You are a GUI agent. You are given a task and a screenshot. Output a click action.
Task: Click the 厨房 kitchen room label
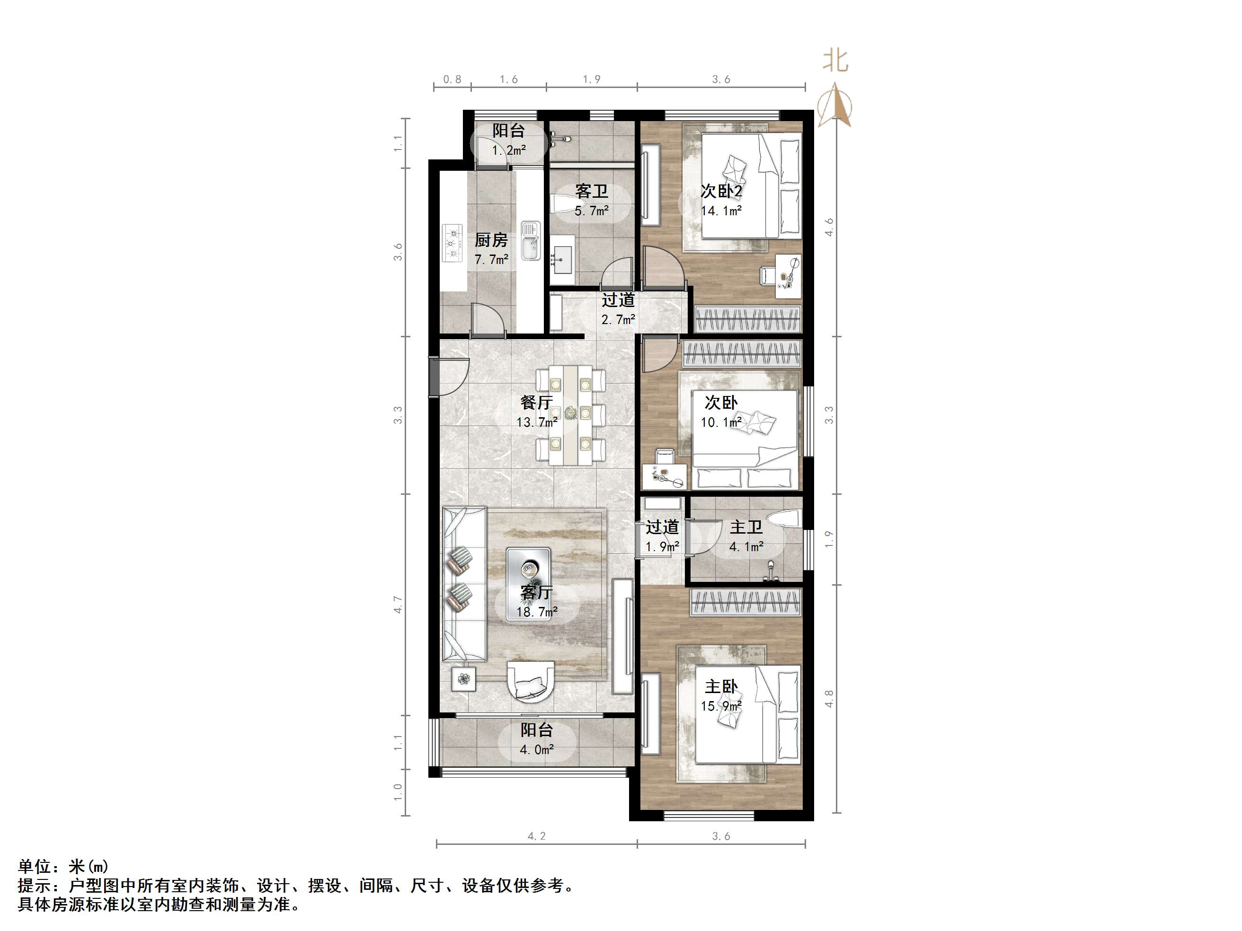[491, 240]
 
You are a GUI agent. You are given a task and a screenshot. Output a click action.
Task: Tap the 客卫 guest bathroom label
[591, 192]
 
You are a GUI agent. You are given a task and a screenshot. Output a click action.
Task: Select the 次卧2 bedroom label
[721, 192]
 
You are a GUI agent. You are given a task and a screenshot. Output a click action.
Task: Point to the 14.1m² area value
[721, 211]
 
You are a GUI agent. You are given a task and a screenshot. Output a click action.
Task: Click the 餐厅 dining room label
[537, 403]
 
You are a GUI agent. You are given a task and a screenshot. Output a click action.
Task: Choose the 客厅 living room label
[537, 592]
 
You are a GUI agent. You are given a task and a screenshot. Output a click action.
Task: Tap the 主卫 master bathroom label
[746, 527]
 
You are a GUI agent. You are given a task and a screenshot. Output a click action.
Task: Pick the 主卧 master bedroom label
[721, 687]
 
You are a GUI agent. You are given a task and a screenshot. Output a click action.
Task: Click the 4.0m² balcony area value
[537, 750]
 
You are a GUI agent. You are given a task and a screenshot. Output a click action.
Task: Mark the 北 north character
[835, 61]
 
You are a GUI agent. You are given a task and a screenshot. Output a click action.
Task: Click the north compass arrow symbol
[835, 105]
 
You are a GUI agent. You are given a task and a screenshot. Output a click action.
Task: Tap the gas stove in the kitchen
[452, 243]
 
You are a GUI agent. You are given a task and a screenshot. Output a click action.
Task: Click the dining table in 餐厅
[570, 415]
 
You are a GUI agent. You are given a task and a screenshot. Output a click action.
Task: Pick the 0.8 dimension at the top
[452, 79]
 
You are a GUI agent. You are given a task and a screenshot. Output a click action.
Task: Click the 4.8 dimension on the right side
[829, 699]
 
